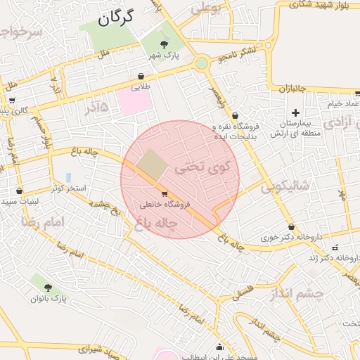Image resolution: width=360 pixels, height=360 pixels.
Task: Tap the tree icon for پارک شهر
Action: (165, 45)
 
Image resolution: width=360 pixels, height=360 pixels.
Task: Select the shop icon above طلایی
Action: (141, 76)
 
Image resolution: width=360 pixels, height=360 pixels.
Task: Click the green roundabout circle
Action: (202, 63)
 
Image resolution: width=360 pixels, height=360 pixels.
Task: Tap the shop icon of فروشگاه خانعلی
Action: (165, 193)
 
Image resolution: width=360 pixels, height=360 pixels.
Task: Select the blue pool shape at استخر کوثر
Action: (68, 176)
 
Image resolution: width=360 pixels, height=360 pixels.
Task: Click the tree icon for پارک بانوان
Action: (48, 287)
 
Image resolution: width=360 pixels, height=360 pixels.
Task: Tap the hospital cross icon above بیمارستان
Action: (295, 112)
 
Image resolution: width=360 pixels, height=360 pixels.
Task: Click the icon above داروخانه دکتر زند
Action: (335, 247)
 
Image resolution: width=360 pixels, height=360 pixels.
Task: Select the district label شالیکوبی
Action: (285, 187)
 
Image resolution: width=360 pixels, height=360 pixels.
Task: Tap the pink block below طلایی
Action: (134, 103)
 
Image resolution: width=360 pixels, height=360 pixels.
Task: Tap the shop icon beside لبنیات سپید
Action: (19, 191)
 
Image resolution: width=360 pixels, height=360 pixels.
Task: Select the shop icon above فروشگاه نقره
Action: (235, 115)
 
